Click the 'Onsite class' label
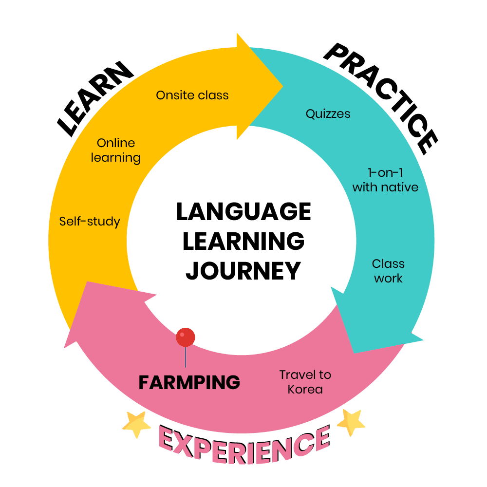(x=192, y=95)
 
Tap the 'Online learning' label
(x=116, y=150)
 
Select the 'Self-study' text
(x=90, y=222)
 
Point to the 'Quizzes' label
(x=328, y=114)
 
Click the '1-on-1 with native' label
(x=385, y=180)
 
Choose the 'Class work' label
(x=388, y=271)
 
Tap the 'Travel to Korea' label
(x=305, y=382)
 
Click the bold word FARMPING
(x=189, y=383)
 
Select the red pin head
(x=186, y=337)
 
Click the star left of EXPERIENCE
(x=137, y=424)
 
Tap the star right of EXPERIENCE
(x=351, y=422)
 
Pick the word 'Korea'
(x=305, y=390)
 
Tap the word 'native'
(x=401, y=187)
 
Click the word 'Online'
(x=116, y=143)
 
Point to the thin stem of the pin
(x=186, y=358)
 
